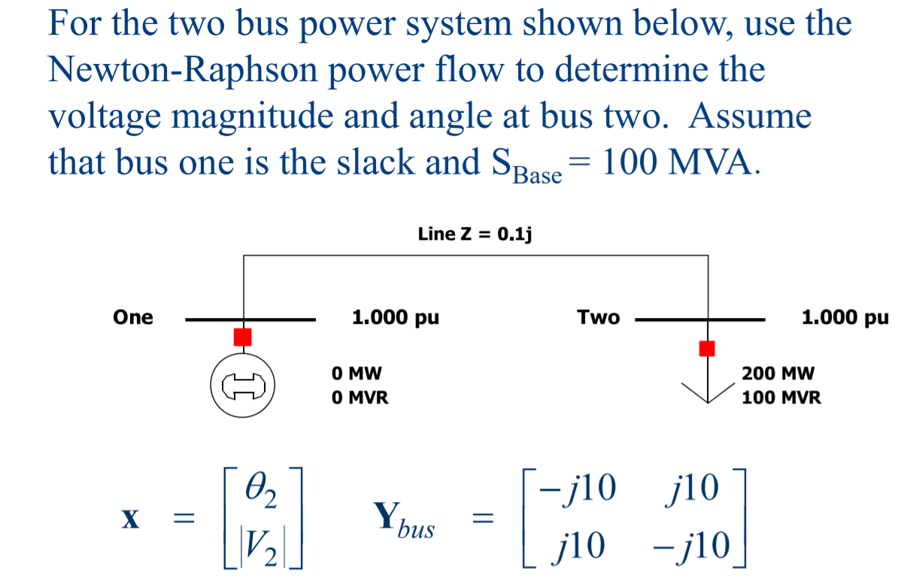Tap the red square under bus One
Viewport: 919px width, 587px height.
(x=242, y=337)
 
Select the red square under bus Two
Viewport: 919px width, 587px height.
(x=706, y=348)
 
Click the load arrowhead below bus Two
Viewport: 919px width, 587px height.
(x=706, y=392)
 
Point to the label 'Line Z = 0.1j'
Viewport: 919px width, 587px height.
(x=475, y=234)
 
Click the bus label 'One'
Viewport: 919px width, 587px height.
(x=133, y=318)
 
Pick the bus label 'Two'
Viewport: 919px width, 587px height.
(x=599, y=318)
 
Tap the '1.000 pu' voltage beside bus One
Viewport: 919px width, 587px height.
(x=396, y=318)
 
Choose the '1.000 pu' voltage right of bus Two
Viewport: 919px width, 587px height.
(x=845, y=318)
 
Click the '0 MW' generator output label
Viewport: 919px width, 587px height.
(x=356, y=374)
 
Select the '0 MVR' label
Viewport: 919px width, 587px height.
(x=360, y=398)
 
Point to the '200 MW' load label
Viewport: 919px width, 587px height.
(x=778, y=374)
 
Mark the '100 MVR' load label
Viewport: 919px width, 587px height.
(x=781, y=398)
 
